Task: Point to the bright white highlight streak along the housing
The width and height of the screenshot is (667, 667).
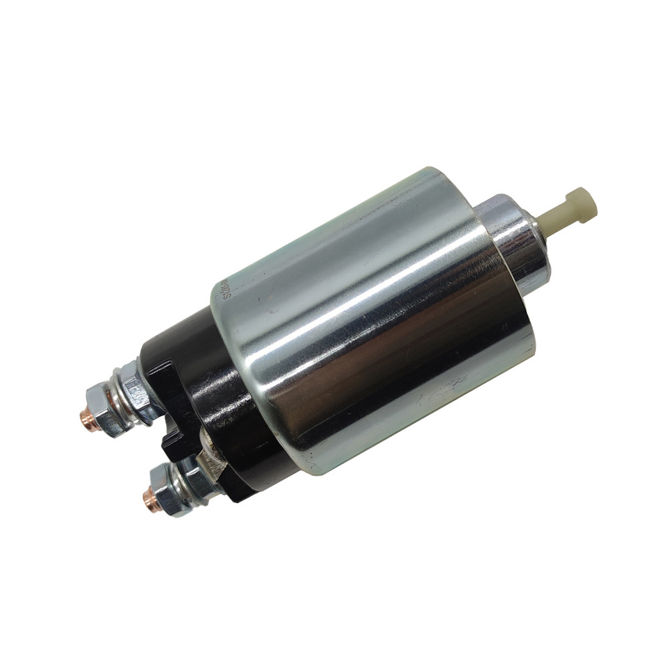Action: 361,278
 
